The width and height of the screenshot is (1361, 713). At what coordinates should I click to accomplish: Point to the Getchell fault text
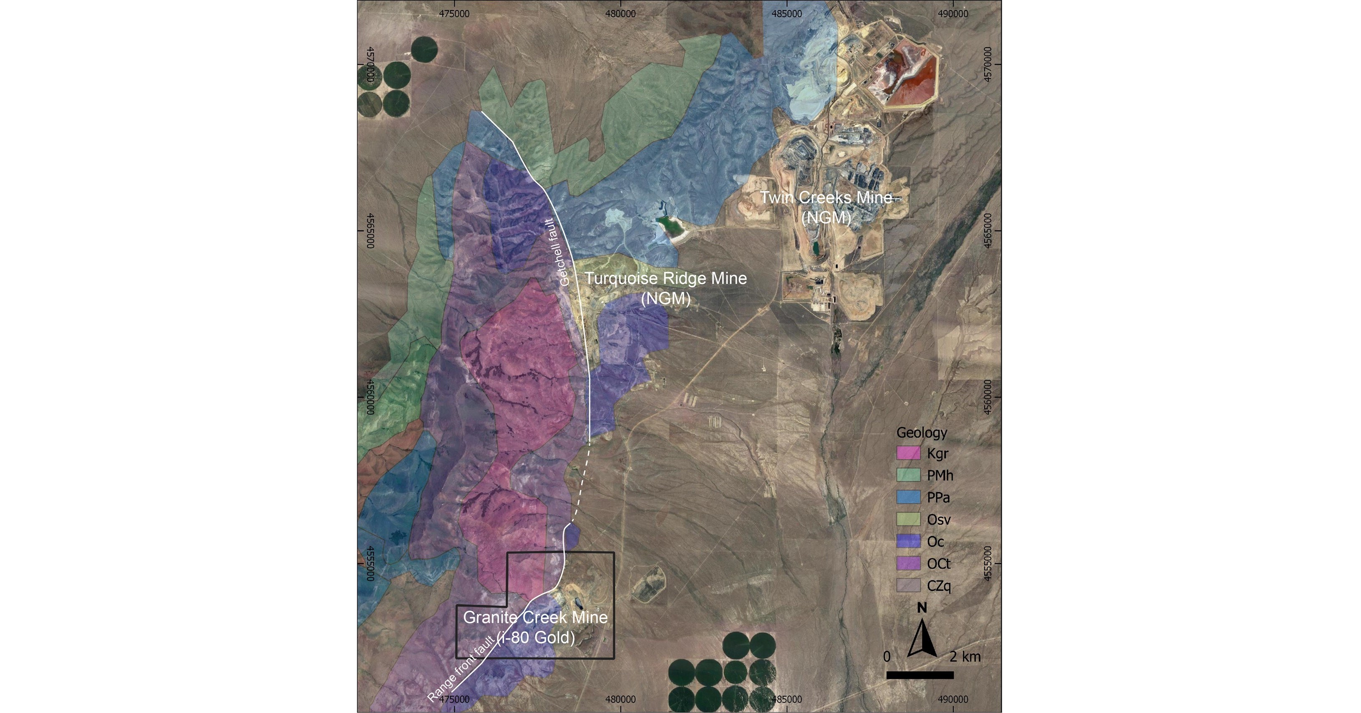557,253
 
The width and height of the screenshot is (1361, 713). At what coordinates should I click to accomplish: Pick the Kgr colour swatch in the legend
908,453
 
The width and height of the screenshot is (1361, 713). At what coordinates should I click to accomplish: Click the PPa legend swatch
908,497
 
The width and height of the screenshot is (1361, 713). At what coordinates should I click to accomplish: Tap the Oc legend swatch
908,542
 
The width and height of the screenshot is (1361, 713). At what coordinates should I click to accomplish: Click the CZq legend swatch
908,586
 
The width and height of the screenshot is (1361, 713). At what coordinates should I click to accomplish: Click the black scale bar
920,675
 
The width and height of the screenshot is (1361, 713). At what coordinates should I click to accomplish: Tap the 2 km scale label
965,657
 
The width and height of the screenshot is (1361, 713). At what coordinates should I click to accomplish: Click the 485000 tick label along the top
786,14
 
